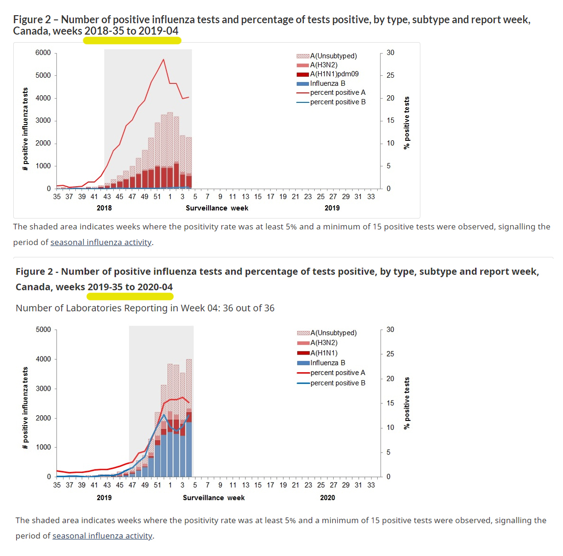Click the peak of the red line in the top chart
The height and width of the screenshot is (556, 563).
point(163,60)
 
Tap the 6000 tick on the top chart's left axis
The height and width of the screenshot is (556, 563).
point(43,53)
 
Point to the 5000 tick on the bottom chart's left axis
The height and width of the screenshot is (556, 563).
point(43,329)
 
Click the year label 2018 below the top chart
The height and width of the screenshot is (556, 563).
point(104,208)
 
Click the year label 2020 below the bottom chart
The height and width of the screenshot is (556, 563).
point(327,498)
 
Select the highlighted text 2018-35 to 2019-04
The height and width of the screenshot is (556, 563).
point(132,31)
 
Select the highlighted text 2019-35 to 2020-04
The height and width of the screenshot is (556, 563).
point(130,287)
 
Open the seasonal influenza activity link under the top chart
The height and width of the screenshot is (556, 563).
point(101,242)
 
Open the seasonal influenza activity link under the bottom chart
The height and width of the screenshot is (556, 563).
point(102,536)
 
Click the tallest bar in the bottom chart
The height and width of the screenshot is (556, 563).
point(189,417)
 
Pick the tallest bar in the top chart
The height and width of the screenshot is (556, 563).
point(170,151)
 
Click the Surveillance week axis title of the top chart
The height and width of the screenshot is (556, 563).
point(217,208)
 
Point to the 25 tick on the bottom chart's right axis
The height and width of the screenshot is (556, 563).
point(390,354)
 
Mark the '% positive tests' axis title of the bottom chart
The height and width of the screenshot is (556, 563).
point(407,403)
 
